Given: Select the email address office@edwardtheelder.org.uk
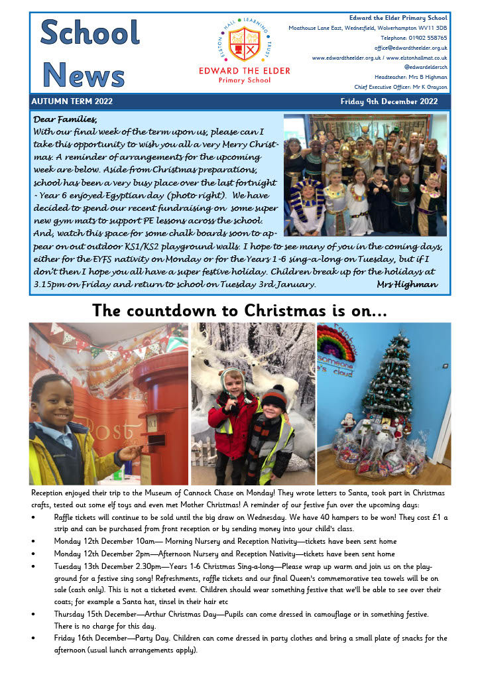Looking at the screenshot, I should (410, 48).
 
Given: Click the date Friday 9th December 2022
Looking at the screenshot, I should (389, 101).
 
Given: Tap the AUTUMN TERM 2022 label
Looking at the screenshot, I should (72, 101).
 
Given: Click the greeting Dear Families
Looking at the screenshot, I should (64, 119).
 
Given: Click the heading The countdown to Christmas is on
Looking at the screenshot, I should (239, 310).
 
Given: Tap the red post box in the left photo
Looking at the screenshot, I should (159, 404).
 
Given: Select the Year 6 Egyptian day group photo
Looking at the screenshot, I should (365, 175).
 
